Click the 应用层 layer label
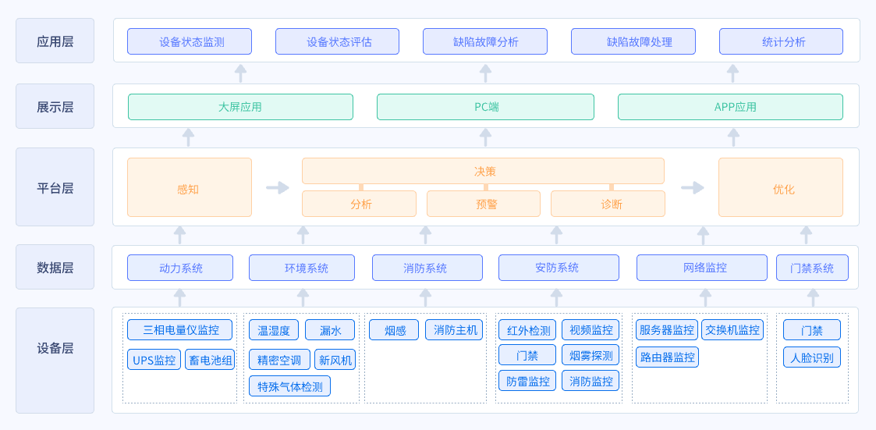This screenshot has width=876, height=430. (x=55, y=41)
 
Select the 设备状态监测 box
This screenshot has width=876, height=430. (x=190, y=41)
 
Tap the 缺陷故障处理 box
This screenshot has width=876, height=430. (x=633, y=41)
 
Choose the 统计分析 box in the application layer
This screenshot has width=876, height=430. (x=781, y=41)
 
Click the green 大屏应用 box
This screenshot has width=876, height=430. (x=240, y=107)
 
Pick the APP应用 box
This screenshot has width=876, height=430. (x=730, y=107)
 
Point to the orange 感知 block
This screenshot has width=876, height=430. (x=190, y=187)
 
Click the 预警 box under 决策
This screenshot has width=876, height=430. (x=484, y=204)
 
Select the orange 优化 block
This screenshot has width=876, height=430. (x=781, y=187)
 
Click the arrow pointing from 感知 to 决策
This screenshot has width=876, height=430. (x=277, y=187)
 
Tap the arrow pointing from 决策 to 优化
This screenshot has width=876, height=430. (x=692, y=187)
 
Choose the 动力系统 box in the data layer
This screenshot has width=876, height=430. (x=180, y=268)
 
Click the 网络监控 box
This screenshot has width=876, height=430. (x=702, y=268)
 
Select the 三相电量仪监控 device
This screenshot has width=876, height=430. (x=180, y=329)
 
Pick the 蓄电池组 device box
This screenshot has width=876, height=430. (x=210, y=360)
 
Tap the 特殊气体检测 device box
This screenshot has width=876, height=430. (x=290, y=386)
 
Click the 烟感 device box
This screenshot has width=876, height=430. (x=394, y=329)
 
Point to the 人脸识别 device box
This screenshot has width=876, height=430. (x=812, y=357)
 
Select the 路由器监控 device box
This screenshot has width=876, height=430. (x=667, y=357)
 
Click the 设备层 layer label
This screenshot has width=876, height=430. (x=55, y=349)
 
